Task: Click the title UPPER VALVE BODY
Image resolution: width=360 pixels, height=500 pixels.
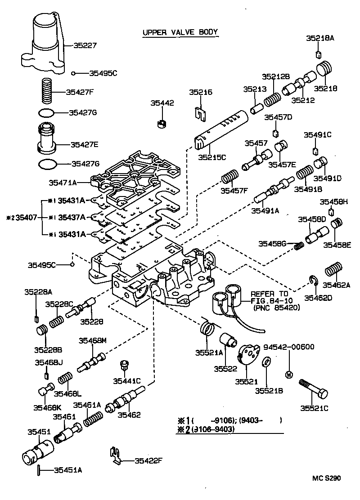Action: pos(180,32)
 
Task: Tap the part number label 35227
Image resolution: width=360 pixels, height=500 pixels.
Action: pos(82,45)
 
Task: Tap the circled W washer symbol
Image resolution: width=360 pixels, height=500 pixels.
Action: pos(288,374)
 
